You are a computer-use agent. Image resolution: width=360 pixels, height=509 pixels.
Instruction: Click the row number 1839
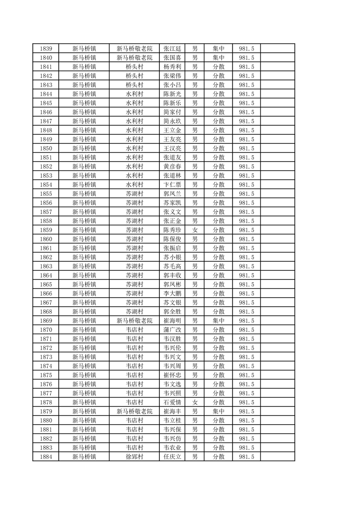coord(46,49)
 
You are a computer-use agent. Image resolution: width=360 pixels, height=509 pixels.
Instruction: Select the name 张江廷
coord(172,49)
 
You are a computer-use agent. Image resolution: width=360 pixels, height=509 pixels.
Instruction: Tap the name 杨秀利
coord(172,67)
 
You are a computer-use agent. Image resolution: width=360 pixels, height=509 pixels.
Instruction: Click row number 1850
coord(46,148)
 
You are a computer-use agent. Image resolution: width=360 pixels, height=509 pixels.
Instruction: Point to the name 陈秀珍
coord(172,230)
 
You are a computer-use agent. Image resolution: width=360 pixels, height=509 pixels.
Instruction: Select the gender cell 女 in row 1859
coord(195,230)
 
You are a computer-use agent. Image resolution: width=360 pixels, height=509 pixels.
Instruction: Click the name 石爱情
coord(172,402)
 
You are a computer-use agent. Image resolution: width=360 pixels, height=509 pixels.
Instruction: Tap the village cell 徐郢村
coord(134,457)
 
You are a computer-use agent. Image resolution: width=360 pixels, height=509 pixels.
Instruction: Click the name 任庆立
coord(172,457)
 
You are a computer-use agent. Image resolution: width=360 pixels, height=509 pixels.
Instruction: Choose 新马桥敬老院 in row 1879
coord(134,411)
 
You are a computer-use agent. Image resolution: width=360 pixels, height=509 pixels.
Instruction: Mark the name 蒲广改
coord(172,330)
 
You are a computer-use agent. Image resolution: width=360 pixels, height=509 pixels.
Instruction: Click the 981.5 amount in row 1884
coord(246,457)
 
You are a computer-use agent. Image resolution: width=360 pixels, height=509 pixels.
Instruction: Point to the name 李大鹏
coord(172,294)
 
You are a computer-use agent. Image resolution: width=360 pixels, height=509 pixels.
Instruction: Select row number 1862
coord(46,257)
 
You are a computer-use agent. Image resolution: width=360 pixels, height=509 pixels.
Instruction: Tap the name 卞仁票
coord(172,185)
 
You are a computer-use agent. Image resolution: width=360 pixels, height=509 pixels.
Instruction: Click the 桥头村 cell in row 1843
coord(134,85)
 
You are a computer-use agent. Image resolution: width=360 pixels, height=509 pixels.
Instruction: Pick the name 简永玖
coord(172,121)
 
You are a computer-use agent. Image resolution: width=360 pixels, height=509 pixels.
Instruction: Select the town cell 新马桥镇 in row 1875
coord(84,375)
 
